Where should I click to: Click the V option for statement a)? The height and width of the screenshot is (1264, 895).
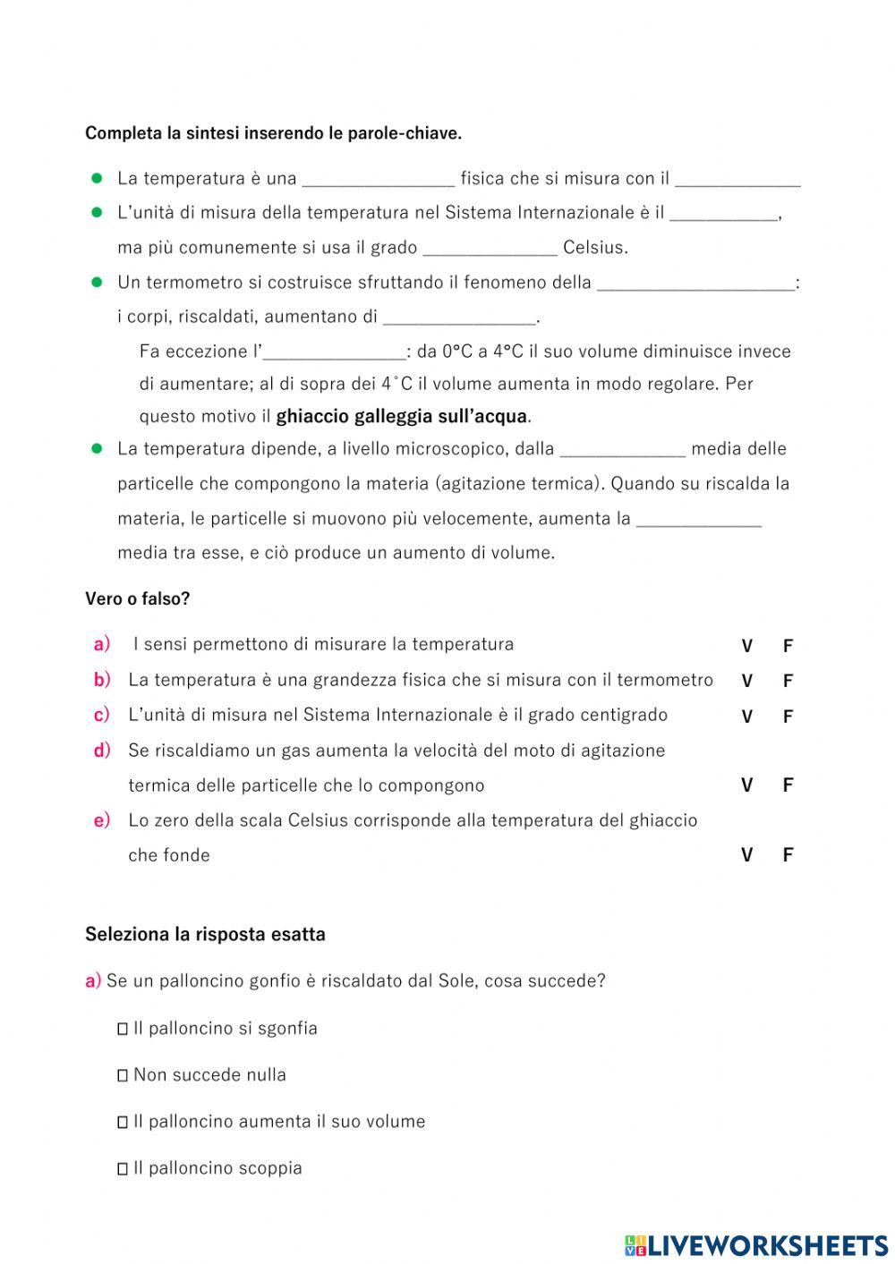746,646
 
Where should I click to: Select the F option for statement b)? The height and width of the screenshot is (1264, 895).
788,681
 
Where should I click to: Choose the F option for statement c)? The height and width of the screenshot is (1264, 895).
788,717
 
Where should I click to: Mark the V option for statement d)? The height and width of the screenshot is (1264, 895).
746,785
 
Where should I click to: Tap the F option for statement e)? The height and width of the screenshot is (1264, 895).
788,855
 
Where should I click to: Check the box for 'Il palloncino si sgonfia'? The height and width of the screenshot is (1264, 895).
123,1030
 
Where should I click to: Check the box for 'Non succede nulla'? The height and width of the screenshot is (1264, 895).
123,1076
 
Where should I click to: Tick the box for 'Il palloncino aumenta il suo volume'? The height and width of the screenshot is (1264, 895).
123,1123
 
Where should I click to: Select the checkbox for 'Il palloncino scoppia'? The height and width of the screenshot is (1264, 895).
123,1169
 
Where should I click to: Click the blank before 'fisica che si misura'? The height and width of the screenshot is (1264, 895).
379,179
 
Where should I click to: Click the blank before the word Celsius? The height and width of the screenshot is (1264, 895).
490,248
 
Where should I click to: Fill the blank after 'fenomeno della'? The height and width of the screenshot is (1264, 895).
695,284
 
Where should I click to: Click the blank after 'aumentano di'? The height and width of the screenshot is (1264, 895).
458,318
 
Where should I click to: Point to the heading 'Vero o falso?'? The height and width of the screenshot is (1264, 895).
138,599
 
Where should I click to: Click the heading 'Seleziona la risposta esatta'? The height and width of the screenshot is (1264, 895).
205,935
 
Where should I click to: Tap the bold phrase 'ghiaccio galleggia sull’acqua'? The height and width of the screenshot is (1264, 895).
402,417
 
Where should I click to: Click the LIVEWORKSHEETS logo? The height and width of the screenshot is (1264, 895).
756,1244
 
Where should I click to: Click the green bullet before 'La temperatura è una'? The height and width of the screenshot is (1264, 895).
98,178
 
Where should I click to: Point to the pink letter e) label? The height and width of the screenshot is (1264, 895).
102,820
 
